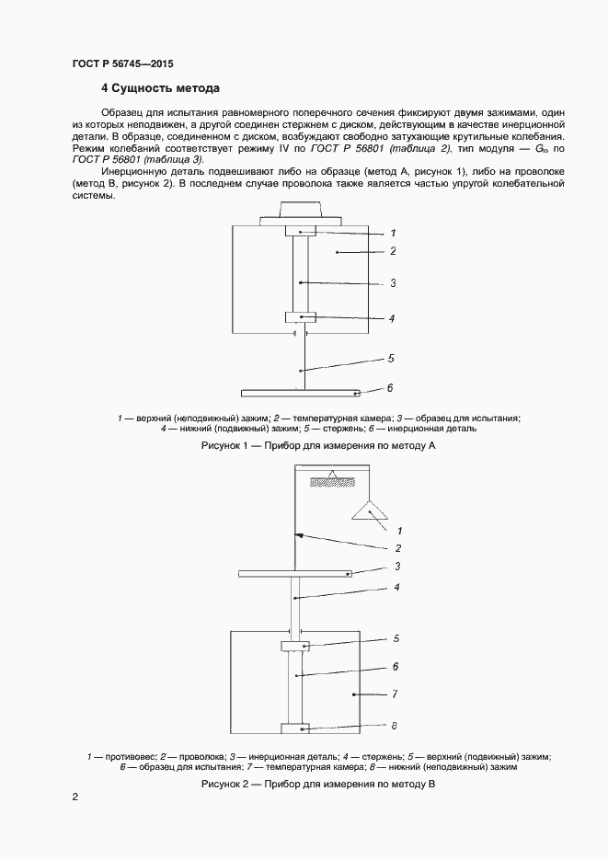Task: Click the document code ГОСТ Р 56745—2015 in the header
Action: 121,64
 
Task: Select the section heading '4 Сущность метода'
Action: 159,89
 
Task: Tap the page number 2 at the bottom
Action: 75,799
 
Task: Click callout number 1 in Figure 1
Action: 392,233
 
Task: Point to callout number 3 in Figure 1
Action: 392,283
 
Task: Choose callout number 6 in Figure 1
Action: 391,388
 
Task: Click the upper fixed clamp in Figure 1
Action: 301,231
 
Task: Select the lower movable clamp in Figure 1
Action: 301,317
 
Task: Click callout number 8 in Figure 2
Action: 394,726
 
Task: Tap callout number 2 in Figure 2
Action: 398,547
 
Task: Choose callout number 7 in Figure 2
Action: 394,694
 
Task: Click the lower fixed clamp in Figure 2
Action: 296,728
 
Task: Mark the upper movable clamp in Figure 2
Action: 296,647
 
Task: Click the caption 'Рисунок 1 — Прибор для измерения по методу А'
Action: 316,445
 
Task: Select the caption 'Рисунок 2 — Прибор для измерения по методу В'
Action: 316,784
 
